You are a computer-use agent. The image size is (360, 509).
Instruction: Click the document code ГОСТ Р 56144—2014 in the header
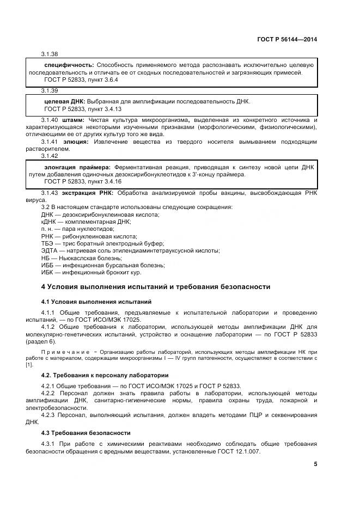pos(286,40)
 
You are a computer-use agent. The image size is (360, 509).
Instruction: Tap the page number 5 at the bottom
pos(315,464)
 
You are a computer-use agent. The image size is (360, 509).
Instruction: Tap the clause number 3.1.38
pos(50,54)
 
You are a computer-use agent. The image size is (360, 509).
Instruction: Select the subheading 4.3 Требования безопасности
pos(86,433)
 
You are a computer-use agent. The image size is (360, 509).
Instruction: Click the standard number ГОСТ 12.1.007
pos(240,452)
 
